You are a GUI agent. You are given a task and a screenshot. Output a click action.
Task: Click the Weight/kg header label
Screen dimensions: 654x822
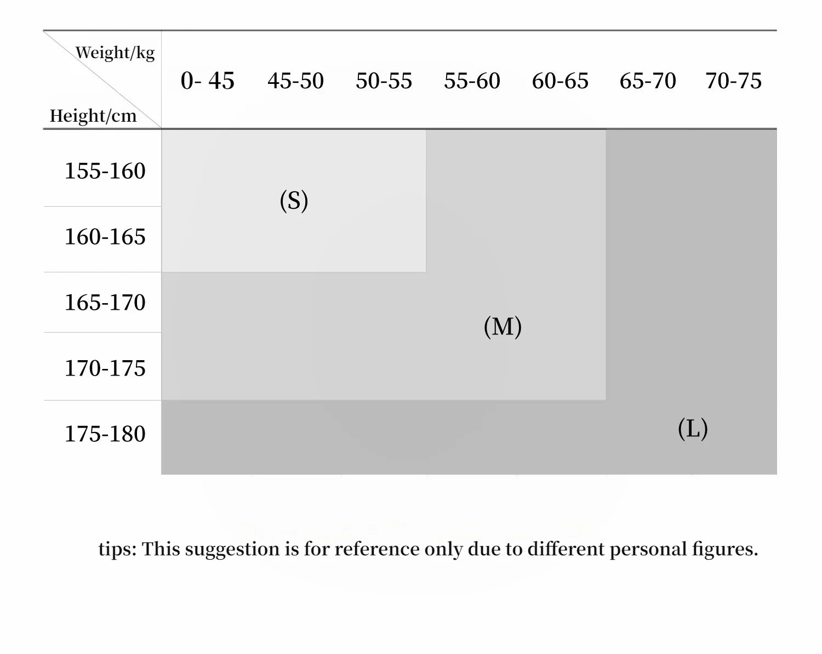pos(115,53)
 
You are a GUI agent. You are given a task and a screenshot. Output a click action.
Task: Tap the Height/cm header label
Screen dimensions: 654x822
pos(93,116)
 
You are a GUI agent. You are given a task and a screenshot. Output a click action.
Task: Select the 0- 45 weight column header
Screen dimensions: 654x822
pos(207,81)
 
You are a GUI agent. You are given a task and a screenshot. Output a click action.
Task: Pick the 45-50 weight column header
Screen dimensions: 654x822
pos(295,81)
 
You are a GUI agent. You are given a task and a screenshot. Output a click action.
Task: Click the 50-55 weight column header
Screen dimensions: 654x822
pos(384,81)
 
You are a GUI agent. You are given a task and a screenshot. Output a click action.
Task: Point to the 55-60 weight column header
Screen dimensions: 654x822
pos(472,81)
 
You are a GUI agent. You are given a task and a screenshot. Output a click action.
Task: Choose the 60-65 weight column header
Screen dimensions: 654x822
pos(560,81)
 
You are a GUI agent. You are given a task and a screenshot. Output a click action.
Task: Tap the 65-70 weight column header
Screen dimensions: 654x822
pos(648,81)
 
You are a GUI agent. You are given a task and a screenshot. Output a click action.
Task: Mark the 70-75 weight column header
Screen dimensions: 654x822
pos(733,81)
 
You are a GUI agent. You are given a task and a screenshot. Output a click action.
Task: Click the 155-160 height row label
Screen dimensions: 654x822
pos(105,171)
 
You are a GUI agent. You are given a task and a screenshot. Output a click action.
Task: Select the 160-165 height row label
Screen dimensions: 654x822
pos(105,237)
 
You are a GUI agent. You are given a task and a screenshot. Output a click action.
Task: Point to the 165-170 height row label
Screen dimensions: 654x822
pos(105,303)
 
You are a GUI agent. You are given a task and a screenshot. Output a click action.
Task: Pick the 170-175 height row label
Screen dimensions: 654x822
pos(105,368)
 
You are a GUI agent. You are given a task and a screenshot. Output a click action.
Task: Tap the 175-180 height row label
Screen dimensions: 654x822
pos(105,434)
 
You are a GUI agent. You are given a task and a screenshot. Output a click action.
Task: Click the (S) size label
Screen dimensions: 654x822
pos(294,201)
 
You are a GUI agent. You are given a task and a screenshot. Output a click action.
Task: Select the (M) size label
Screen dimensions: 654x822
pos(503,327)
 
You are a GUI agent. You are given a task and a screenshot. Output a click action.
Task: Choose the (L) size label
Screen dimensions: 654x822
pos(693,429)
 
